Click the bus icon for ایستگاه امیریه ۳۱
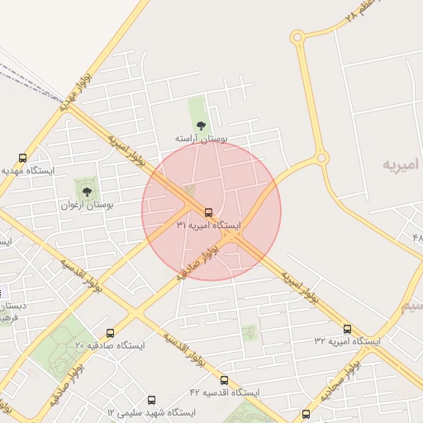coord(208,211)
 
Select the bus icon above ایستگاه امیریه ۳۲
coord(347,329)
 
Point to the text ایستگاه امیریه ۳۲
coord(347,341)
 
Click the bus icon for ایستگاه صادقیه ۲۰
coord(111,333)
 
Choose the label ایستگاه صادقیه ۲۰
coord(109,345)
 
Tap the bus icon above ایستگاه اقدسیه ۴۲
coord(225,380)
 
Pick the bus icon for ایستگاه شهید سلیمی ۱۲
coord(151,400)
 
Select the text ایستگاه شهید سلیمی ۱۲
coord(151,412)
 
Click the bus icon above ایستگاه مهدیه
coord(22,158)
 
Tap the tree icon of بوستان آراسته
coord(201,126)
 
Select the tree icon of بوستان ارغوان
coord(87,191)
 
